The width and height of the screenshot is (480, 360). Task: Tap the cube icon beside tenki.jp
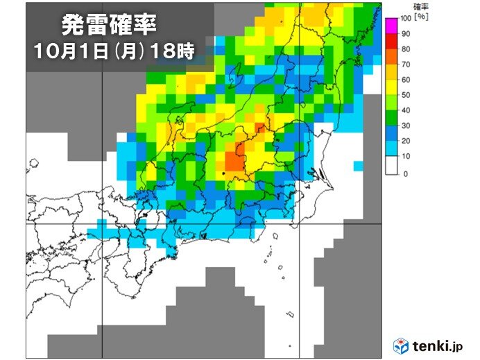pyautogui.click(x=401, y=345)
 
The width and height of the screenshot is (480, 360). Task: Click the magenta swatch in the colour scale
pyautogui.click(x=391, y=26)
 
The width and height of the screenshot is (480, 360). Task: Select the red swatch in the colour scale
pyautogui.click(x=391, y=57)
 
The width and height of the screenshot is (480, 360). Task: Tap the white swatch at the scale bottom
pyautogui.click(x=391, y=166)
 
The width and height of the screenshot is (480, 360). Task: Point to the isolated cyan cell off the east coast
pyautogui.click(x=357, y=166)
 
